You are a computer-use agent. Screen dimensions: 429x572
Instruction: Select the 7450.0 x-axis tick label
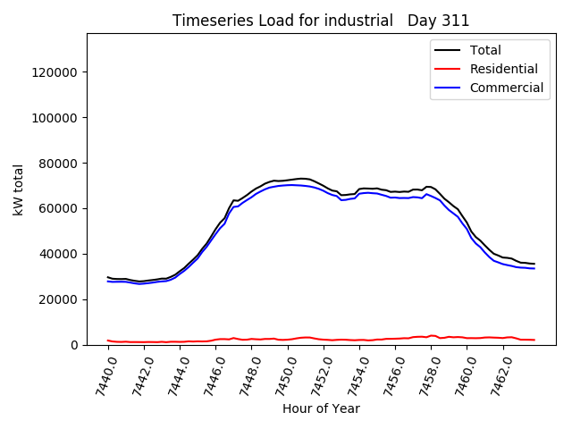pos(286,374)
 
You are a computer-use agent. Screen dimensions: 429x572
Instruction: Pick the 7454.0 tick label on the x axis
pos(359,374)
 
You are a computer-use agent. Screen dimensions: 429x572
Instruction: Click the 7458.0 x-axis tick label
pos(432,374)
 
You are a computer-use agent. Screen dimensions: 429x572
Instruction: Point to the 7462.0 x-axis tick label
pos(505,374)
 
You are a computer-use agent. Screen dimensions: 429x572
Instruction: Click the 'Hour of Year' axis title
pos(321,409)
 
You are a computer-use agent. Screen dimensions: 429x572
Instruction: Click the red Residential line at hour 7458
pos(433,336)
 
